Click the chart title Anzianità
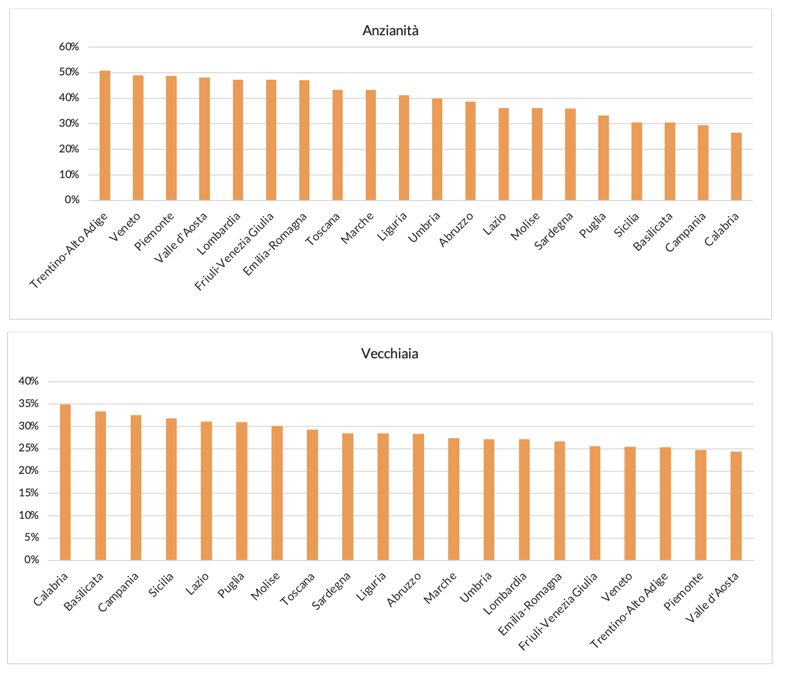[x=390, y=30]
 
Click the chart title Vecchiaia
[x=390, y=354]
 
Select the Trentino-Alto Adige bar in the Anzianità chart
[x=105, y=136]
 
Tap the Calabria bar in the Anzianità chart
[x=736, y=167]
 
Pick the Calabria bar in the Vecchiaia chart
[x=65, y=482]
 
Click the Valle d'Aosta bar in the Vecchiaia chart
[x=736, y=506]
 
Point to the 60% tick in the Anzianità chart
[x=69, y=47]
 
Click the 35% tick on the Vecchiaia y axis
[x=28, y=404]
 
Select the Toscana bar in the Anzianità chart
[x=337, y=145]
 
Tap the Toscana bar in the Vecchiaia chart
[x=312, y=495]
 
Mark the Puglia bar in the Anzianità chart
[x=603, y=158]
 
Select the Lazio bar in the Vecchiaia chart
[x=206, y=491]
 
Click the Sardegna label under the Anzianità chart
[x=555, y=231]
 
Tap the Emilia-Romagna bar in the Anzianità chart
[x=304, y=141]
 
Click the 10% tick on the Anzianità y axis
[x=69, y=175]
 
